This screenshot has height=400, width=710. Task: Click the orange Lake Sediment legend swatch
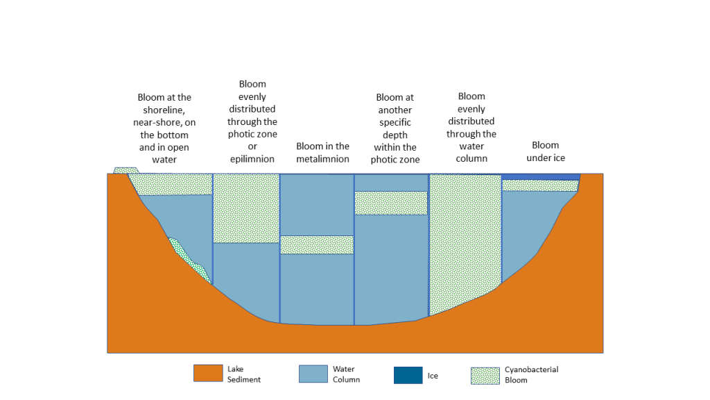208,373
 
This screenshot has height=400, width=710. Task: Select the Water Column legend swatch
313,374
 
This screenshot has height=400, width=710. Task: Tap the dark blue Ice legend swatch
408,376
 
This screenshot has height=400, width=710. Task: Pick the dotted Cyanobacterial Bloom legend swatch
485,376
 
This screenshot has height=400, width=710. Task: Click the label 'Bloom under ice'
546,151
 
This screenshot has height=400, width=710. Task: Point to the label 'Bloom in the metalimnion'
323,152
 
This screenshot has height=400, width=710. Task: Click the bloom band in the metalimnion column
317,245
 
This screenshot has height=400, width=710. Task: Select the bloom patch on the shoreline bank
126,171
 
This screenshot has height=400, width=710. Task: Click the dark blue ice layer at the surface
541,177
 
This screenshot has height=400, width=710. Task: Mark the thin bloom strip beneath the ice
540,185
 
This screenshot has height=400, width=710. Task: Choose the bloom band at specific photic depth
391,203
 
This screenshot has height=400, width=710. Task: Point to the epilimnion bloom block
246,208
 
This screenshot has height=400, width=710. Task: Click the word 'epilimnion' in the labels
252,159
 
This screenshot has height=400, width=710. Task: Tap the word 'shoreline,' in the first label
164,110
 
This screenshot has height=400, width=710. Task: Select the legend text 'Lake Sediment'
243,374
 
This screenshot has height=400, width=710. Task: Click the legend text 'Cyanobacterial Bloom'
532,374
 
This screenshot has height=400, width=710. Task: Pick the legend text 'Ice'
433,376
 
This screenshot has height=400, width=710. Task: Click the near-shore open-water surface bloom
172,184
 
